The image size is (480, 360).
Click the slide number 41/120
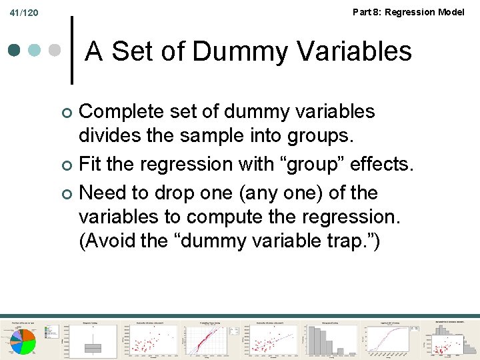25,13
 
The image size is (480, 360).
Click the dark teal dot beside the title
14,50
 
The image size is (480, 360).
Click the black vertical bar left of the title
73,49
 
